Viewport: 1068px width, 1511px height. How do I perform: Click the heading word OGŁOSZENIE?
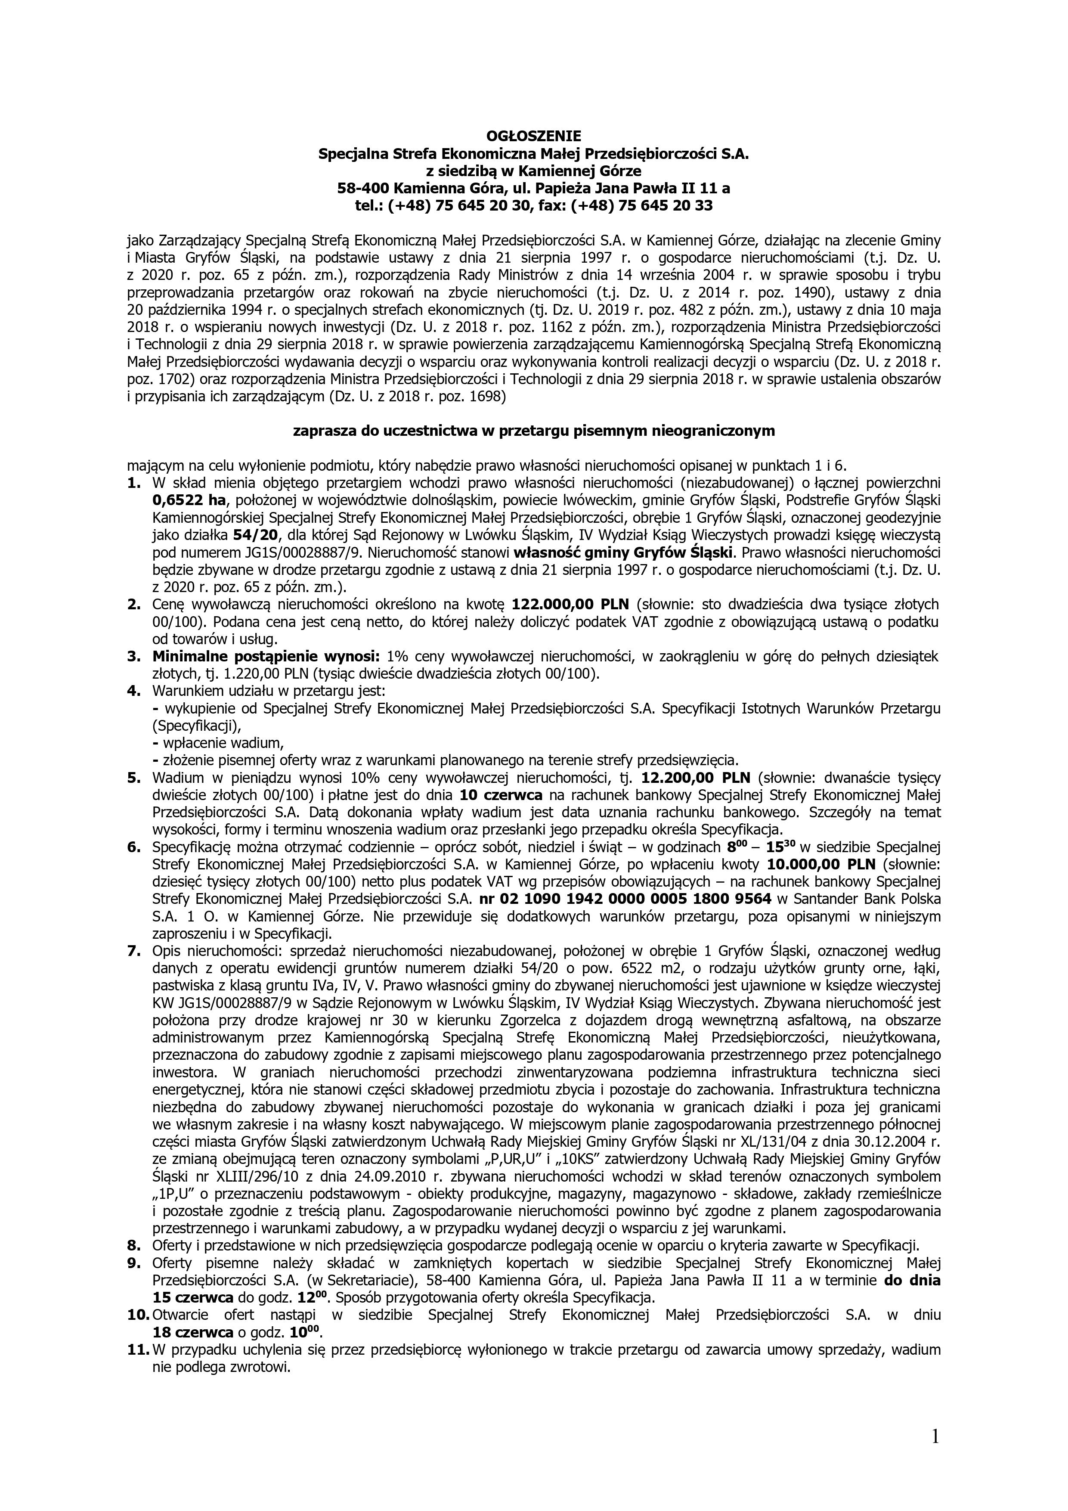point(534,136)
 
